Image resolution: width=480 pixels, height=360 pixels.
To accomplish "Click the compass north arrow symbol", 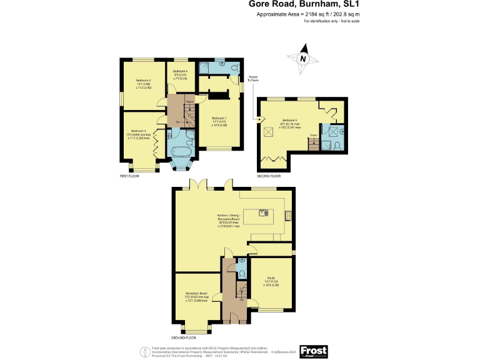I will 303,56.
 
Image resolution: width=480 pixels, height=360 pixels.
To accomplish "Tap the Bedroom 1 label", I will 219,121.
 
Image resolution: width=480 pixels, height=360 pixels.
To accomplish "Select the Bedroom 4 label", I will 180,75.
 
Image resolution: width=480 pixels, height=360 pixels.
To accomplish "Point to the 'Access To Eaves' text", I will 252,79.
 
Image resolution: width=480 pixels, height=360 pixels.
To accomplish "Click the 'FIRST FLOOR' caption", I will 129,176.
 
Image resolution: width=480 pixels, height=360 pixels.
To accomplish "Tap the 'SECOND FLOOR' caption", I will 269,176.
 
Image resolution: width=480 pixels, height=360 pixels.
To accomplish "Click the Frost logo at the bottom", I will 314,351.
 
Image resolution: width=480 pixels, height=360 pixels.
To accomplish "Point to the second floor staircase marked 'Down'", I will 314,144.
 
